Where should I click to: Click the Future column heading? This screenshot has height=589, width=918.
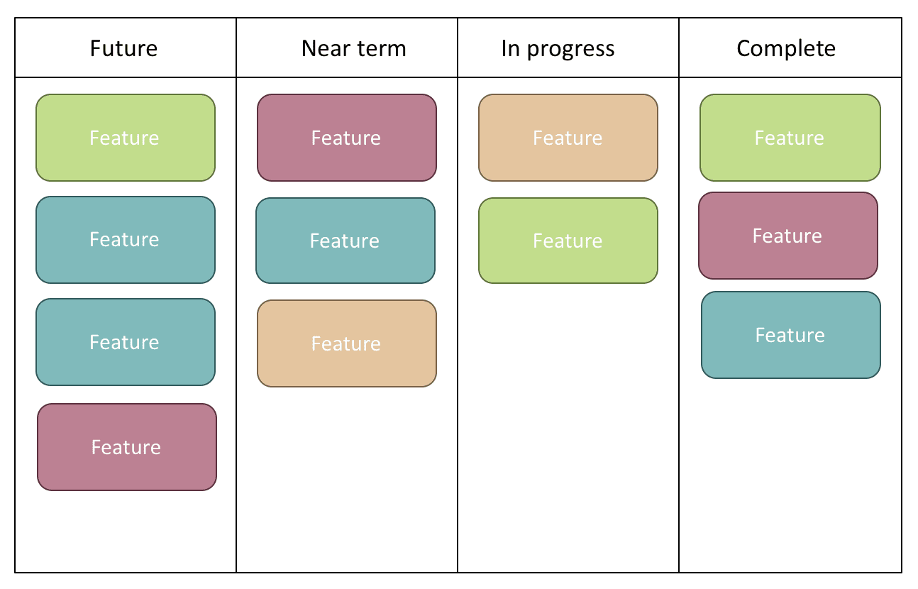[x=123, y=48]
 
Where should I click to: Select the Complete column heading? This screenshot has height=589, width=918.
[x=786, y=48]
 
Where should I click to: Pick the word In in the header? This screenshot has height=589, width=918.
[x=510, y=48]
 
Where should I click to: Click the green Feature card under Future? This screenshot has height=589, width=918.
[x=126, y=138]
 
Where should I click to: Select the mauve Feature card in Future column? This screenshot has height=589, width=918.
[x=127, y=447]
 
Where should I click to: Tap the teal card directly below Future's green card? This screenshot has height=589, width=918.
[x=126, y=240]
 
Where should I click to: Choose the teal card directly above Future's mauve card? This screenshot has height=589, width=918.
[x=126, y=342]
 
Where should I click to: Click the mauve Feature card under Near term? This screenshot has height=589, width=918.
[x=347, y=138]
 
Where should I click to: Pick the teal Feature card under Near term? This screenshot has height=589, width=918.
[x=345, y=241]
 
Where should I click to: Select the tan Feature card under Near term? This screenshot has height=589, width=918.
[x=347, y=343]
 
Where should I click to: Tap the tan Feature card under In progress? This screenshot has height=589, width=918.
[x=568, y=138]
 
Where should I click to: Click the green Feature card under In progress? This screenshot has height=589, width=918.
[x=568, y=241]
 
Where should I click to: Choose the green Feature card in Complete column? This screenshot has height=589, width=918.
[x=790, y=138]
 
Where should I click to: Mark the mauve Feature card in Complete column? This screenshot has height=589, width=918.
[x=788, y=236]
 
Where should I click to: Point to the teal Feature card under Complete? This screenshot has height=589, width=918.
[x=791, y=335]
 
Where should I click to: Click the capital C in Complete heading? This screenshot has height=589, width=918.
[x=744, y=48]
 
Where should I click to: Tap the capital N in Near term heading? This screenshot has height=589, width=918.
[x=309, y=48]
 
